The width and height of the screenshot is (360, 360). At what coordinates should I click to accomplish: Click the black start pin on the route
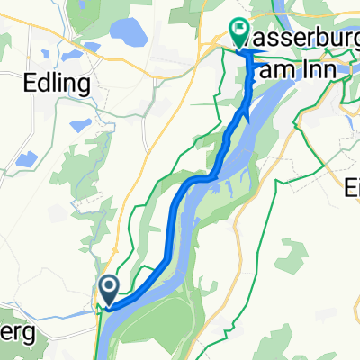[x=109, y=289]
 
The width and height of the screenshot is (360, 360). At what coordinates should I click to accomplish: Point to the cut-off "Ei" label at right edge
[x=351, y=192]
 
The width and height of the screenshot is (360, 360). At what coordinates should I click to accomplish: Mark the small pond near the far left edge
[x=26, y=160]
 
